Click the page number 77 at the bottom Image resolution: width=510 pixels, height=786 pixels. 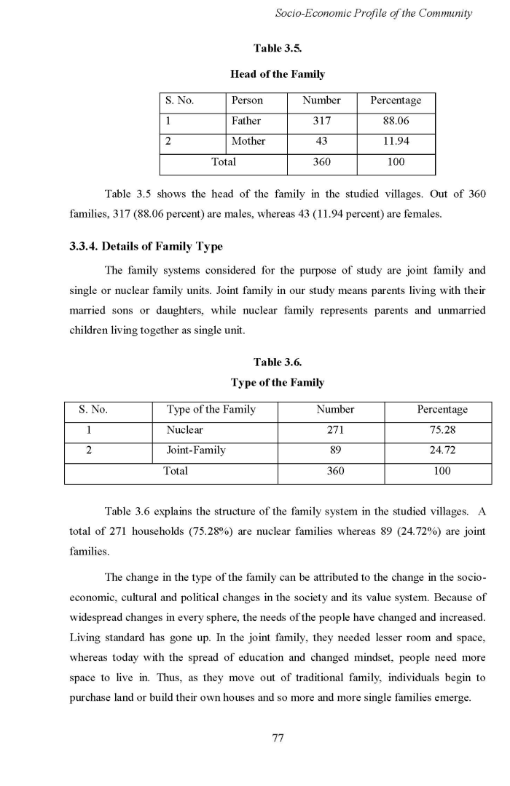pos(278,738)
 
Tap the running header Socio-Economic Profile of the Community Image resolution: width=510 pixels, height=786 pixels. pos(374,13)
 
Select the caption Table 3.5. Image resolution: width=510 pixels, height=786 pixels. pos(278,48)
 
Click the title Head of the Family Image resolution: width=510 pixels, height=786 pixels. pos(278,74)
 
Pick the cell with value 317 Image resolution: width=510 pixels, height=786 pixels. pos(321,121)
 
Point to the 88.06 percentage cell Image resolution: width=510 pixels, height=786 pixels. pos(396,121)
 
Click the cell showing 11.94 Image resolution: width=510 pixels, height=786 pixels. pos(396,141)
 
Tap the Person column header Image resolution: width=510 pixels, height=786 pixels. pos(247,100)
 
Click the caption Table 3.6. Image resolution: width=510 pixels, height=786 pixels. pos(278,362)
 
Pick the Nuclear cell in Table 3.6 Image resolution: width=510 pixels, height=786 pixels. pos(185,430)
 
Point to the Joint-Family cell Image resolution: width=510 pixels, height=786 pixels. pos(196,450)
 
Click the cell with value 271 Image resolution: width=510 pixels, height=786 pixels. pos(335,430)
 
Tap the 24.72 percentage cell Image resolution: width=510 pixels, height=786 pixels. pos(442,450)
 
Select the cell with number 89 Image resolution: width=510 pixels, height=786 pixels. pos(335,450)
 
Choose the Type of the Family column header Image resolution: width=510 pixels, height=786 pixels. pos(211,410)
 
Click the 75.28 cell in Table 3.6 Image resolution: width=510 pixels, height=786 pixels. pos(442,430)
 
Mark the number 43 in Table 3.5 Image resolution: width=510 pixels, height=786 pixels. pos(321,141)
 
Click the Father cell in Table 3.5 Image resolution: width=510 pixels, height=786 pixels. pos(246,121)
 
